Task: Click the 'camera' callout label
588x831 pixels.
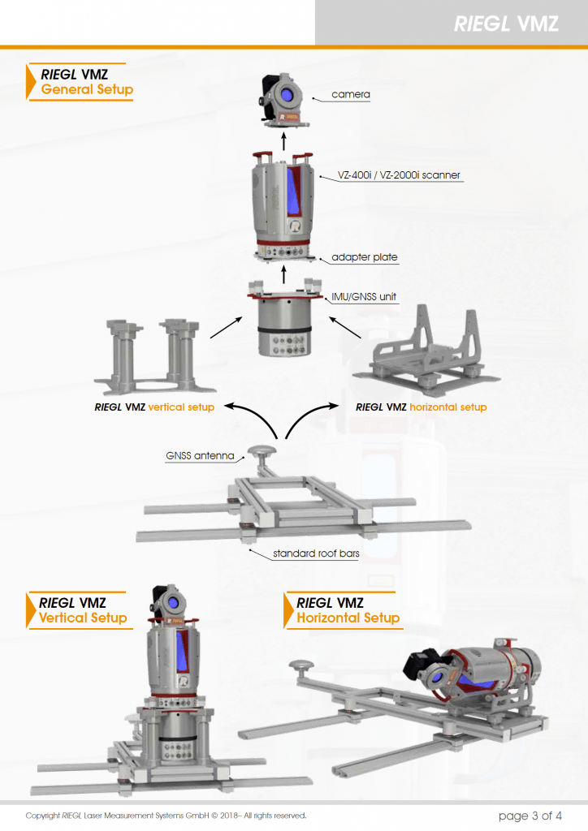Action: (x=350, y=95)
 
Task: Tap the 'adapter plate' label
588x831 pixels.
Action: (x=364, y=257)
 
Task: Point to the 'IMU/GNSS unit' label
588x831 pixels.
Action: (x=363, y=297)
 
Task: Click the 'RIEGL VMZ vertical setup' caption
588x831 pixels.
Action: (x=154, y=407)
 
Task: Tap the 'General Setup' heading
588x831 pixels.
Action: (x=87, y=89)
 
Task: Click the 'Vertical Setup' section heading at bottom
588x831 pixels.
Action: (x=83, y=618)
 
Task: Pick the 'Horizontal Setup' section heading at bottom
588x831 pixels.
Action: (x=348, y=618)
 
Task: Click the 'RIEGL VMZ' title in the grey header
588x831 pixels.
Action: (x=506, y=24)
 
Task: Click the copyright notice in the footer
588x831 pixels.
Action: (x=166, y=816)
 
